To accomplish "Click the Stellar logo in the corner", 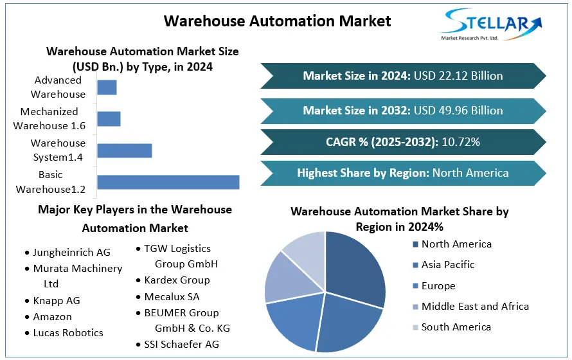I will (490, 24).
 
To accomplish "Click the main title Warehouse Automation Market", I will (277, 21).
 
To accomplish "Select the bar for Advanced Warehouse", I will (107, 87).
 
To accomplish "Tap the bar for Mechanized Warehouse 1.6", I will (109, 118).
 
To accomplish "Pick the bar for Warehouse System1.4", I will (124, 150).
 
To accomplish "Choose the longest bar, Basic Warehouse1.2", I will (168, 182).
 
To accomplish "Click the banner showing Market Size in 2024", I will (403, 76).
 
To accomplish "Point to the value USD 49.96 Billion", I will (458, 111).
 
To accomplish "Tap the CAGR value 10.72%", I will (460, 141).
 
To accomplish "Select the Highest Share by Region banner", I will (403, 173).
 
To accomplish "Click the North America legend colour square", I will (415, 244).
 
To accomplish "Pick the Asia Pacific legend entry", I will (447, 265).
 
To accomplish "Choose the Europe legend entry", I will (438, 286).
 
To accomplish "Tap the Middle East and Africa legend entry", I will (474, 307).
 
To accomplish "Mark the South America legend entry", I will (456, 327).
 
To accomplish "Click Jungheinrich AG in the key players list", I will (71, 253).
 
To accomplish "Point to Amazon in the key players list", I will (52, 317).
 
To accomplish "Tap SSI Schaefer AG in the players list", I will (181, 345).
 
